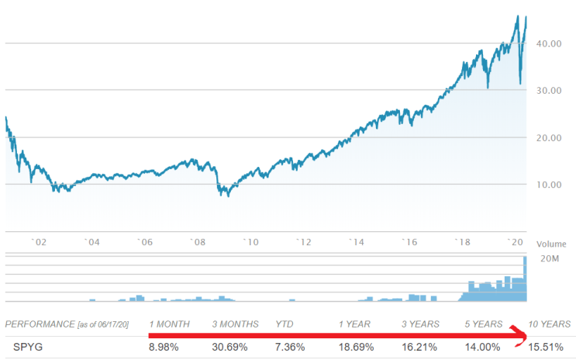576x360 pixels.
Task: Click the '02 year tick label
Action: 39,242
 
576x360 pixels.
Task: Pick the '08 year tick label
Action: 197,242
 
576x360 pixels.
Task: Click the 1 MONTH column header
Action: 171,324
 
